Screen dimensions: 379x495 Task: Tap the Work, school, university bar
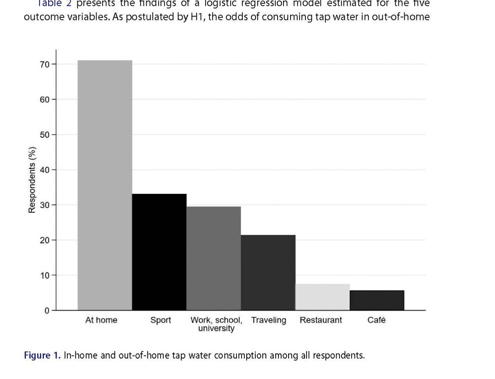[213, 258]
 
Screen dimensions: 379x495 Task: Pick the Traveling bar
[268, 273]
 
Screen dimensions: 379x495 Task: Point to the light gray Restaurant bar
[322, 297]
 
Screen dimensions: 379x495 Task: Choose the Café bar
[377, 300]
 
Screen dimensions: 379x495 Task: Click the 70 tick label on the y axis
[45, 64]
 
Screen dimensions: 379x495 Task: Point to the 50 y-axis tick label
[45, 135]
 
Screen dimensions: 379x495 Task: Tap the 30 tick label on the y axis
[45, 205]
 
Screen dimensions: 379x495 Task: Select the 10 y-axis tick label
[45, 275]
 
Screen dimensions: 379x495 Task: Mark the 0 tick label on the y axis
[47, 310]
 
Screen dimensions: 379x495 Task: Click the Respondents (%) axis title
[32, 180]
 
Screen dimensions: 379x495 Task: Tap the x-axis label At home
[101, 320]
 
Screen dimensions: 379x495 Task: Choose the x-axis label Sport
[161, 320]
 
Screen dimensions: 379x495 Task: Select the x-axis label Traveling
[269, 320]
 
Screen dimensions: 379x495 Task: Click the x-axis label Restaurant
[321, 320]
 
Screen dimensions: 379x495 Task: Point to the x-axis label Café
[377, 320]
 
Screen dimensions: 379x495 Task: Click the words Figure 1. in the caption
[42, 356]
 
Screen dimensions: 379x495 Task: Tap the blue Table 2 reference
[54, 4]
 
